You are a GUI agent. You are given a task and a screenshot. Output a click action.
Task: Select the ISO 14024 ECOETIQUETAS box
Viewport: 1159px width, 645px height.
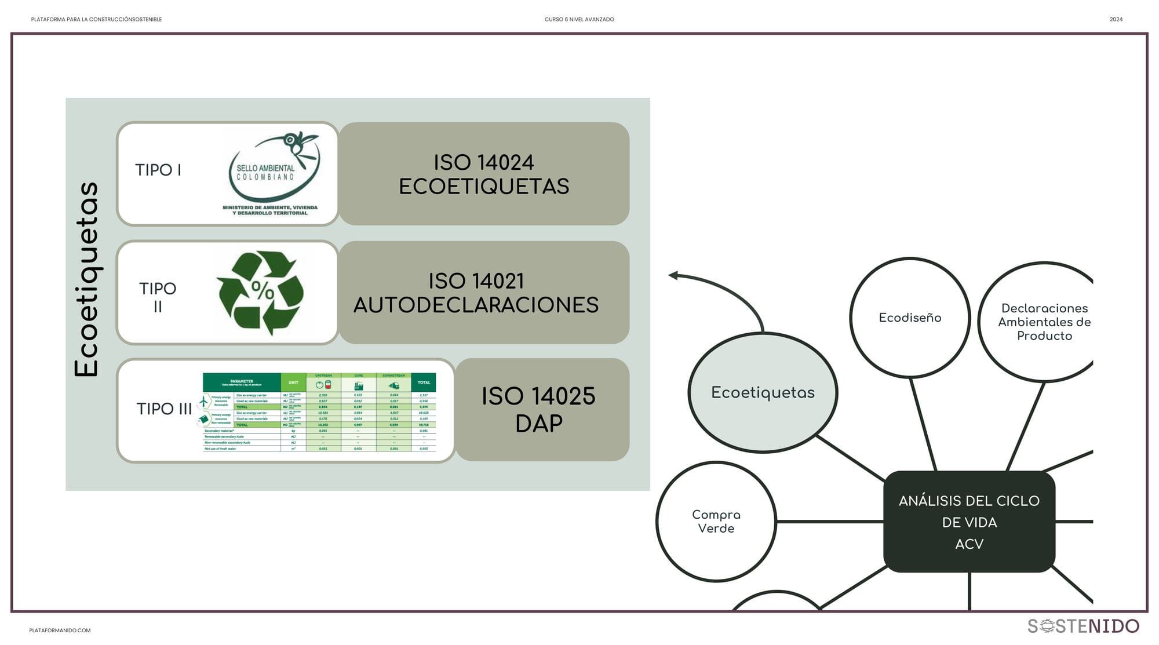coord(484,174)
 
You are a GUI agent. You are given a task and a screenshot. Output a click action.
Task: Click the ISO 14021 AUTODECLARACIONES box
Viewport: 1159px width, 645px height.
coord(484,293)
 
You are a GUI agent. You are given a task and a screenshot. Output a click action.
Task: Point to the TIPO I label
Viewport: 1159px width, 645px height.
coord(158,170)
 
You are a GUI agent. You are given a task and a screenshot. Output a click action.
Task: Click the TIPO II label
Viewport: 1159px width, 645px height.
coord(158,297)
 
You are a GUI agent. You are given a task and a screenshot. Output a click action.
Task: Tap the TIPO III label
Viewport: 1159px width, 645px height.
coord(164,409)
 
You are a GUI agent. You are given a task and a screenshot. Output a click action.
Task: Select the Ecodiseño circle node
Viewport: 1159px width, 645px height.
coord(910,318)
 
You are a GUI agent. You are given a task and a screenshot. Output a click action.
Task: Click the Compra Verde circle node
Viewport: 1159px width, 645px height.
coord(716,521)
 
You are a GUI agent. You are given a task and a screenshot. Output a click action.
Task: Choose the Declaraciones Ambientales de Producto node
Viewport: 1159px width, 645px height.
coord(1044,322)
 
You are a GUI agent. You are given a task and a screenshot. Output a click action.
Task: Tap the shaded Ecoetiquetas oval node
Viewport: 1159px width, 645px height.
coord(763,392)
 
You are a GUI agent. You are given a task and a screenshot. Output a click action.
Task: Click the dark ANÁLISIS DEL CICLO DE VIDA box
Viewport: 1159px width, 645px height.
coord(969,522)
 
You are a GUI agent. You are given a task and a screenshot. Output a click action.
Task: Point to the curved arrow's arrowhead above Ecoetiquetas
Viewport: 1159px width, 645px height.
coord(674,275)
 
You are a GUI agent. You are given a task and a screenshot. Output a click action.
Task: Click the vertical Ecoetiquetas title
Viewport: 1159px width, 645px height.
coord(87,279)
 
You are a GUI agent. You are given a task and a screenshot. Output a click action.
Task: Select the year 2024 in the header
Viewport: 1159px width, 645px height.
coord(1116,19)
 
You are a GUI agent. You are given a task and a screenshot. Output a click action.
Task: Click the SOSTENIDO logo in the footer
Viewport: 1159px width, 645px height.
coord(1083,626)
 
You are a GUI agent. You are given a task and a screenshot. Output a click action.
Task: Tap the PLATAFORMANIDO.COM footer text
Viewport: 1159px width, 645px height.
coord(60,631)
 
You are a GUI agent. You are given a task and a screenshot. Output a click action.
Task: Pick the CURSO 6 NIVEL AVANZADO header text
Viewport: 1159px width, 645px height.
coord(579,19)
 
